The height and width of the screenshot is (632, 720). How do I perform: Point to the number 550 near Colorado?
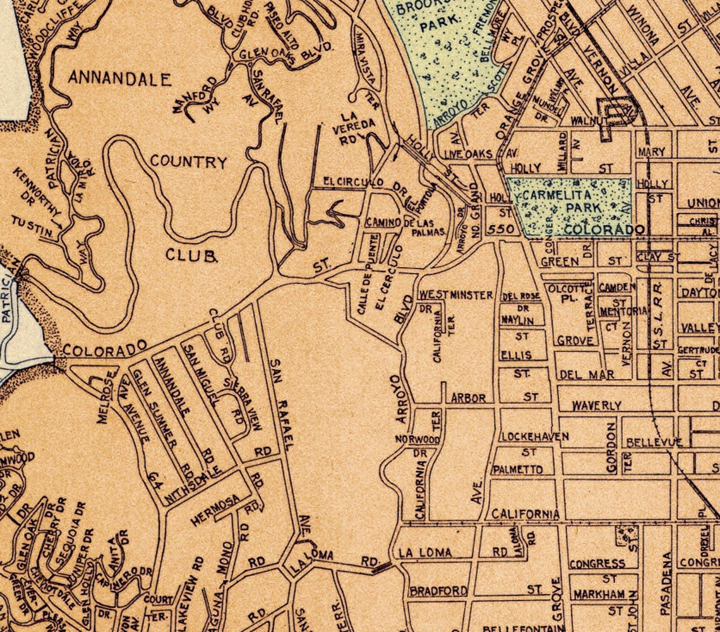pos(501,228)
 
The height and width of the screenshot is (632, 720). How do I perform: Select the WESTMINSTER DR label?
pos(455,295)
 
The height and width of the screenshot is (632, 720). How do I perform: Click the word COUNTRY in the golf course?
pos(188,162)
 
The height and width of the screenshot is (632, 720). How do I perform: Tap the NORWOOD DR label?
pos(417,439)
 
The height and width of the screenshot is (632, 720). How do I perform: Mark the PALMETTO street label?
pos(517,470)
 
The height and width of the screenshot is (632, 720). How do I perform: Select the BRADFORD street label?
pos(438,592)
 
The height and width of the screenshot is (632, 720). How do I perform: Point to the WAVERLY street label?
pos(596,405)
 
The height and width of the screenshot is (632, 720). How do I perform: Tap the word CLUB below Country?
pos(191,255)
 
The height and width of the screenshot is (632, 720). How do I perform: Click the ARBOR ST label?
pos(469,398)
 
